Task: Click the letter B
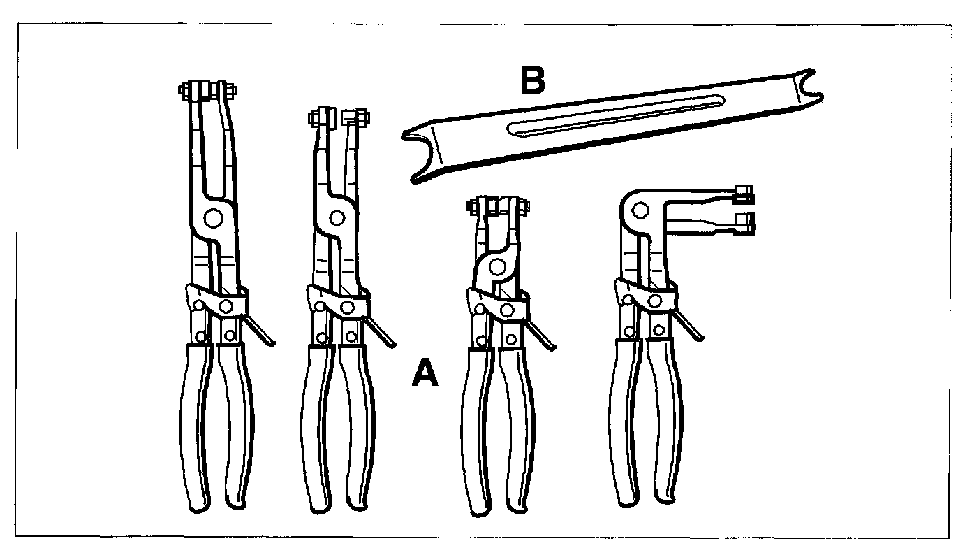[532, 82]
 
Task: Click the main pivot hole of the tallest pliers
[214, 218]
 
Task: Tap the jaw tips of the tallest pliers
[207, 91]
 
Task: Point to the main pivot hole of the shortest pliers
[497, 266]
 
